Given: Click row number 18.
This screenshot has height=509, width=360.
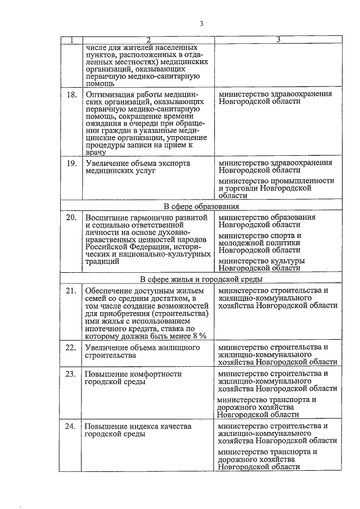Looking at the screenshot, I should [x=71, y=94].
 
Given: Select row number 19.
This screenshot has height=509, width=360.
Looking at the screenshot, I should [x=71, y=163].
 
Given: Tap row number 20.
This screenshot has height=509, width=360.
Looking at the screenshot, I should [x=71, y=217].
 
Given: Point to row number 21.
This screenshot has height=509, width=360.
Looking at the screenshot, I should [x=71, y=290].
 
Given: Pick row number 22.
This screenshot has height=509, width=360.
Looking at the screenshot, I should [x=71, y=348].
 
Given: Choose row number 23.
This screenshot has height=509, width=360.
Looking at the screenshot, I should [x=71, y=373].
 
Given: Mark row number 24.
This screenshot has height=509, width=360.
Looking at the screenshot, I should [x=71, y=426].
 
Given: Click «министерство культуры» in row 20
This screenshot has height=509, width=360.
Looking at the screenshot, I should [x=262, y=261].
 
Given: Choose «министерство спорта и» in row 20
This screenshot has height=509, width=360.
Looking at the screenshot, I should [x=260, y=235].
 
